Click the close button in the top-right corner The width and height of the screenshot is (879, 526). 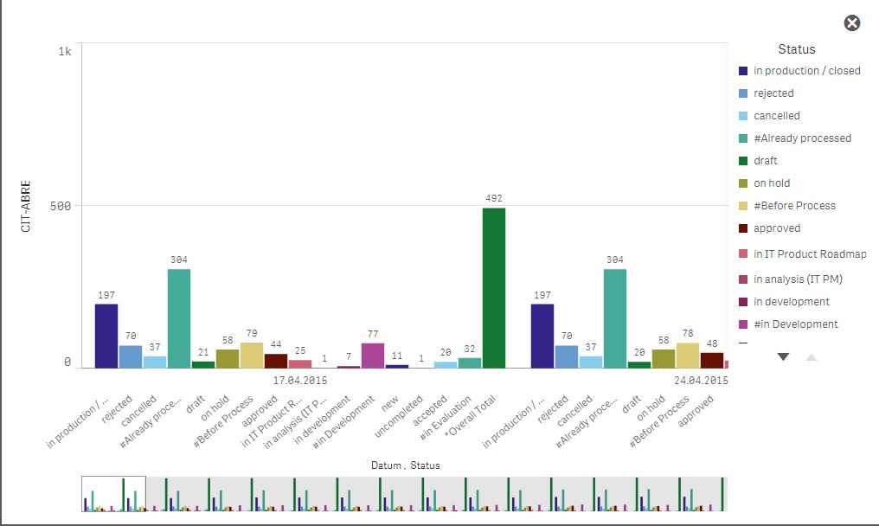tap(852, 23)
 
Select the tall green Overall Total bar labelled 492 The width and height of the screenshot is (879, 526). tap(494, 288)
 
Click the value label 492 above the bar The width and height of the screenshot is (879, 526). tap(494, 198)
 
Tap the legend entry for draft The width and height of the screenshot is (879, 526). tap(765, 161)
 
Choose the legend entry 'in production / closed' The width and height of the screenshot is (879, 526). tap(806, 71)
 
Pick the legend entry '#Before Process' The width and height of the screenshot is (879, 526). tap(794, 206)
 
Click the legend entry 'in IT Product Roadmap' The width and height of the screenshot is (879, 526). tap(809, 254)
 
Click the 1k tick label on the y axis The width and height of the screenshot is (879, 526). tap(65, 52)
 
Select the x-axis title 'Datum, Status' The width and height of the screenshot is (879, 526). tap(406, 465)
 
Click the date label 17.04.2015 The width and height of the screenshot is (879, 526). tap(300, 380)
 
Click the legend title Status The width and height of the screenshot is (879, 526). tap(796, 49)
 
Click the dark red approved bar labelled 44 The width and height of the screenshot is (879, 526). tap(276, 361)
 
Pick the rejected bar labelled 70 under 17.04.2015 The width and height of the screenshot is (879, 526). tap(131, 357)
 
